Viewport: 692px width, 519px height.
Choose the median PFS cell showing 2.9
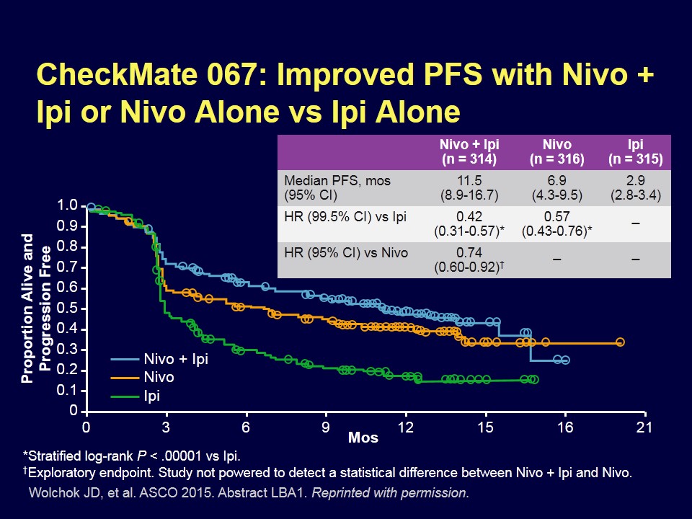(x=635, y=187)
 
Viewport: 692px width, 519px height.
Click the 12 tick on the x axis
(x=406, y=427)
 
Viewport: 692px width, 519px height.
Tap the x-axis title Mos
(x=363, y=438)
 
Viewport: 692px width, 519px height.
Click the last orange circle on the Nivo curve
(x=620, y=342)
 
